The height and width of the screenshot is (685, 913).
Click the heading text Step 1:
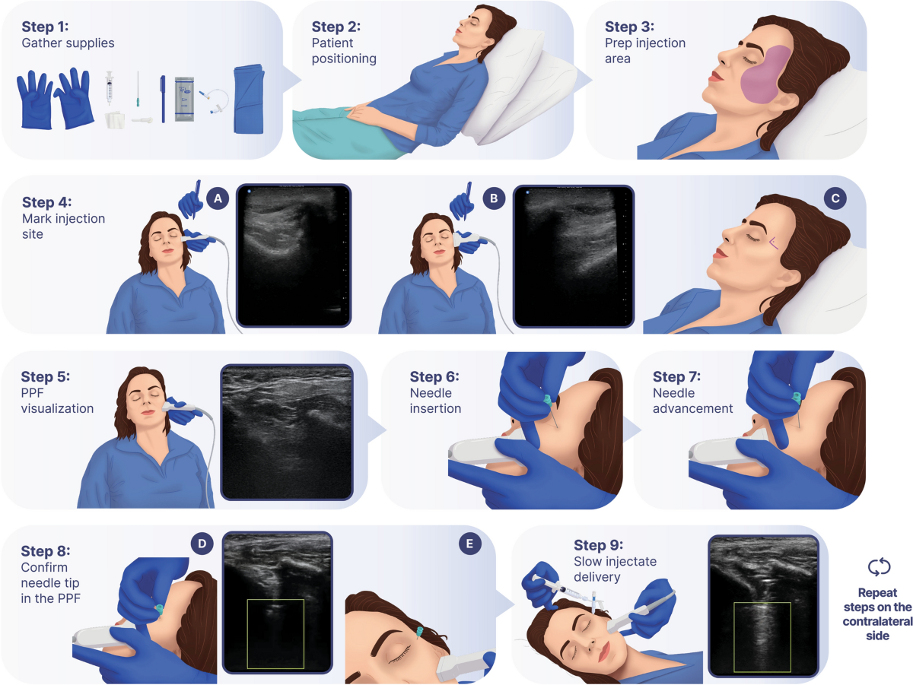(45, 27)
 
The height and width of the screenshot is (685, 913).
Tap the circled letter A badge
(218, 198)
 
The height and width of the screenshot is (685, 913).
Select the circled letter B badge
(494, 198)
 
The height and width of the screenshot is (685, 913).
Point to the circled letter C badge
(835, 198)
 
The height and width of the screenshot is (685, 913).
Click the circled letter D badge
(202, 544)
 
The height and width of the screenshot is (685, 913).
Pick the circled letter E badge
(470, 544)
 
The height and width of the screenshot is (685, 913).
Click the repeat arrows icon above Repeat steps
(879, 567)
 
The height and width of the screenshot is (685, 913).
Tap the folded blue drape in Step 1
(249, 99)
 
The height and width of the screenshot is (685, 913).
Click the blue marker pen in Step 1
(163, 99)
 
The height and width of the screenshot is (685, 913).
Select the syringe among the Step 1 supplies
(110, 87)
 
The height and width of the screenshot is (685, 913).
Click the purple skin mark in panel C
(773, 243)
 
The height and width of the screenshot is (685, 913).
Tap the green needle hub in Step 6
(547, 401)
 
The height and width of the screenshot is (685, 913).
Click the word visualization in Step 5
(57, 408)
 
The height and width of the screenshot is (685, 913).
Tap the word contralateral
(878, 621)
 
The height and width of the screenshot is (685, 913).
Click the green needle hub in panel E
(420, 633)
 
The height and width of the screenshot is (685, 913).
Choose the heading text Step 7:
(676, 376)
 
